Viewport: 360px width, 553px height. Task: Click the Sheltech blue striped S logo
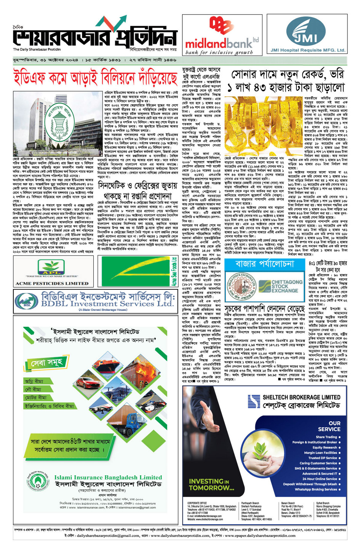click(254, 401)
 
